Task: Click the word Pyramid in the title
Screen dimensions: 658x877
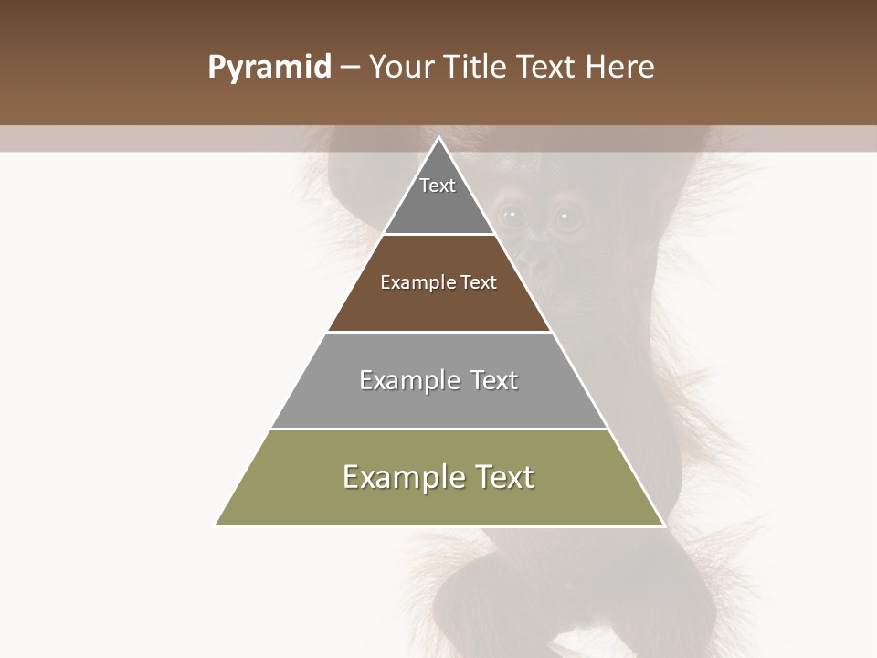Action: pyautogui.click(x=269, y=68)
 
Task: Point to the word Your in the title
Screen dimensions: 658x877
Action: pyautogui.click(x=399, y=68)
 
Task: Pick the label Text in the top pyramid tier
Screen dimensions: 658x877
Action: pyautogui.click(x=438, y=186)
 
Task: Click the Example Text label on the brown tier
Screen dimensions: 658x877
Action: pyautogui.click(x=438, y=282)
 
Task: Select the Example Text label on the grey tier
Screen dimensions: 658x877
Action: pyautogui.click(x=438, y=380)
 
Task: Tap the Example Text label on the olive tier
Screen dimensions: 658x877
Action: pyautogui.click(x=438, y=477)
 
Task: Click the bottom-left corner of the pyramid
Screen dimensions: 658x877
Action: pyautogui.click(x=217, y=525)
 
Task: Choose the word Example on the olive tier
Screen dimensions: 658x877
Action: pyautogui.click(x=398, y=477)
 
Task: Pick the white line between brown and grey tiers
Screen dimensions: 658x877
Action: pyautogui.click(x=438, y=332)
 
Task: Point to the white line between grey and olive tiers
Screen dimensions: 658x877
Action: pyautogui.click(x=438, y=429)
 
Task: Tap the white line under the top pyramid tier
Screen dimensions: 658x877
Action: pyautogui.click(x=438, y=235)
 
